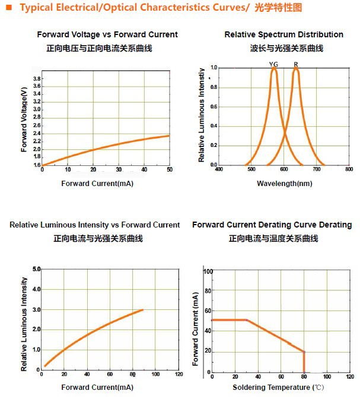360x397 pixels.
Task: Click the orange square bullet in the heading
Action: point(8,7)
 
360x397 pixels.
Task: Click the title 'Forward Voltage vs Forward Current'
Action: point(107,35)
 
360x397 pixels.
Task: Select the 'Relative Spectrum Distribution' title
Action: point(283,35)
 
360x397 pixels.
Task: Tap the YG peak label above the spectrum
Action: point(273,64)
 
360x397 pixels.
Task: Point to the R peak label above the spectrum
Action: point(295,64)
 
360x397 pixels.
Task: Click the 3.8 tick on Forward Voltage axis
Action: point(36,79)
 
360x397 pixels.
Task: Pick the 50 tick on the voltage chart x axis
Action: point(169,171)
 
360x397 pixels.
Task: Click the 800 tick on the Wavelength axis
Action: point(348,169)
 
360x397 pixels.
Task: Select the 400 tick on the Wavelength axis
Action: point(218,169)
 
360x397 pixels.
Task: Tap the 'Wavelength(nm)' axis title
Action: point(284,184)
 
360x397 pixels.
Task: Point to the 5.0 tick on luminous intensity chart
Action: point(36,270)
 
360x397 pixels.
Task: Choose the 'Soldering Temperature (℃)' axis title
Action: point(278,388)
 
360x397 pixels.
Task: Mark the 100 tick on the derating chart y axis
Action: point(208,271)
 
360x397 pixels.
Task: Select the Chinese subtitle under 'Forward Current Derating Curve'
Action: point(273,238)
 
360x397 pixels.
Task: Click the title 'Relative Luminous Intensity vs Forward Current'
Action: point(94,225)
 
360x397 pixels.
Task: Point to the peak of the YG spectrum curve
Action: point(274,69)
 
